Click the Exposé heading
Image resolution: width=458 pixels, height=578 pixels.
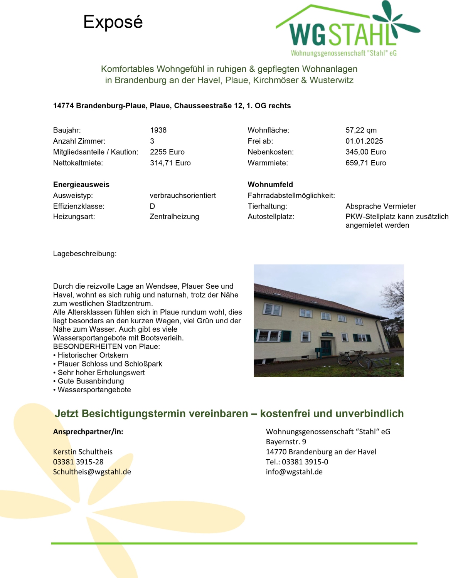pos(113,22)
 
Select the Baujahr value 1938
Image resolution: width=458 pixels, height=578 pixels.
pos(158,130)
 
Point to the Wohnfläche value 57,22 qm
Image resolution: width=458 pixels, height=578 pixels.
pos(361,130)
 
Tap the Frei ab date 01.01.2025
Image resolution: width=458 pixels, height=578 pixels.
pos(364,141)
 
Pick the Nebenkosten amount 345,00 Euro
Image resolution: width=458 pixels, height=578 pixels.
pos(365,152)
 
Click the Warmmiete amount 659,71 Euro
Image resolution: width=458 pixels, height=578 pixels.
pos(365,163)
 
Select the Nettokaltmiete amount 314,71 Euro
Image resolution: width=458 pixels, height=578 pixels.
pos(170,163)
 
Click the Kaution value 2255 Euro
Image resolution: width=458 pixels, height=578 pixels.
pos(167,152)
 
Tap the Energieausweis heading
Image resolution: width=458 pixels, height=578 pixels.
pos(81,185)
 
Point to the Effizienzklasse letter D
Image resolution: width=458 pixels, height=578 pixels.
pos(152,206)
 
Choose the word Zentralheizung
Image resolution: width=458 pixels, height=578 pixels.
pos(174,217)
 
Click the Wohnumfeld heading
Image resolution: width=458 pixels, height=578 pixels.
pos(270,185)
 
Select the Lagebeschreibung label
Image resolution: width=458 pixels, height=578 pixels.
pos(84,254)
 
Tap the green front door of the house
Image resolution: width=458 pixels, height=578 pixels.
pos(326,347)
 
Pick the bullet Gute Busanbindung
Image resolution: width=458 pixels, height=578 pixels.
pos(91,381)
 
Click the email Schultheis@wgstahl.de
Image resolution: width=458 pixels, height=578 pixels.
pos(92,472)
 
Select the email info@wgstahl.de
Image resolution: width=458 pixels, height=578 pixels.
pos(294,472)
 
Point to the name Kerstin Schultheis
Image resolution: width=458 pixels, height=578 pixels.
pos(83,452)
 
